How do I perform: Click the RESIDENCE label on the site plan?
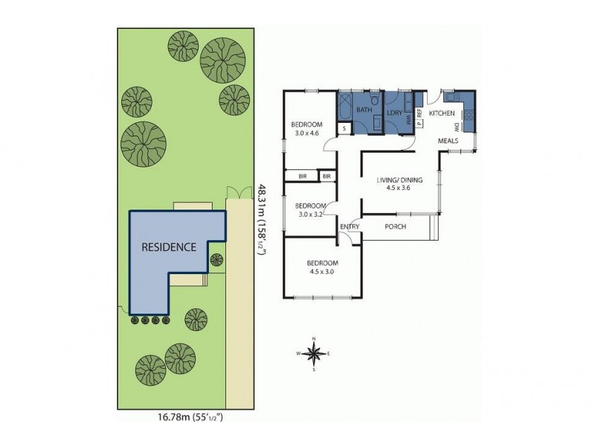tap(170, 247)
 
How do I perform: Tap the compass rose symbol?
tap(314, 353)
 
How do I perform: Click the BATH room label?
tap(364, 110)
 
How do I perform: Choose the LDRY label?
tap(394, 113)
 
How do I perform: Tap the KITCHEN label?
tap(441, 113)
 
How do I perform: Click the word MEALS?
tap(448, 140)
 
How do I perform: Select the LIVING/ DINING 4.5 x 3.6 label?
tap(399, 183)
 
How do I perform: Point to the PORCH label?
tap(395, 226)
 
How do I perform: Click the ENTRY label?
tap(350, 226)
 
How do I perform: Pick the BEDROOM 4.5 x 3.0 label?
tap(324, 267)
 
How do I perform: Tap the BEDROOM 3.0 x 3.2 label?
tap(310, 209)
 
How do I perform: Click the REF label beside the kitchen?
tap(419, 112)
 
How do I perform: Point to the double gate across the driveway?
tap(237, 193)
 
